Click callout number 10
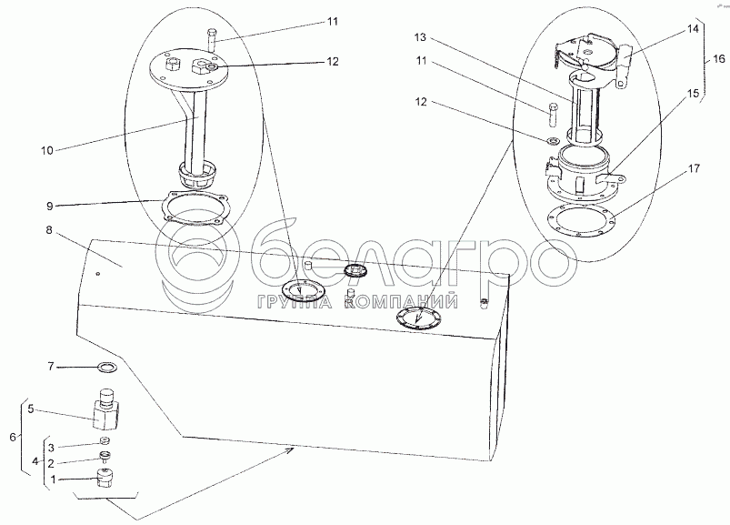tap(47, 150)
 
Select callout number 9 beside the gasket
tap(50, 206)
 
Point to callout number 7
tap(51, 367)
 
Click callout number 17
tap(694, 168)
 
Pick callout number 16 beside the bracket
tap(719, 59)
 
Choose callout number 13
tap(420, 37)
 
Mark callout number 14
tap(694, 29)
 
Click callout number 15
tap(694, 94)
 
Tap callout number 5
tap(31, 409)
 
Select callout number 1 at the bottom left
tap(53, 479)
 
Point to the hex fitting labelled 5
tap(108, 409)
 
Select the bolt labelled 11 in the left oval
tap(213, 41)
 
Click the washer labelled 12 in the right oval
tap(552, 140)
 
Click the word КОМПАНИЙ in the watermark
tap(401, 303)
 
